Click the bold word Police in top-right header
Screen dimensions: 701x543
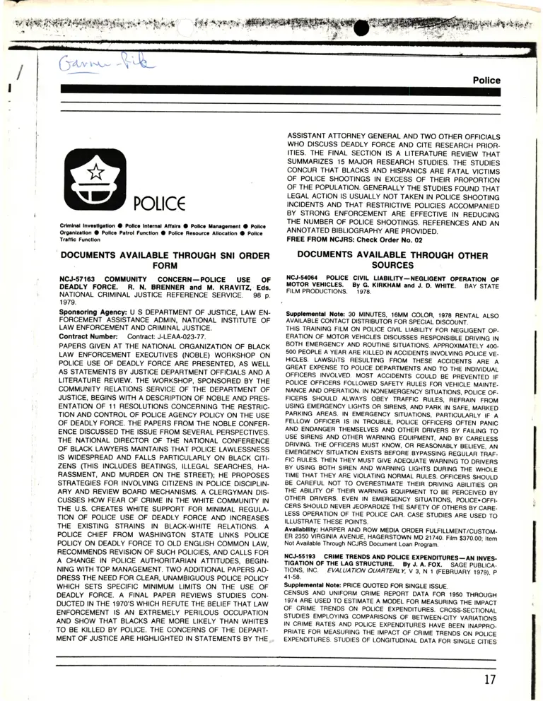[x=486, y=81]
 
